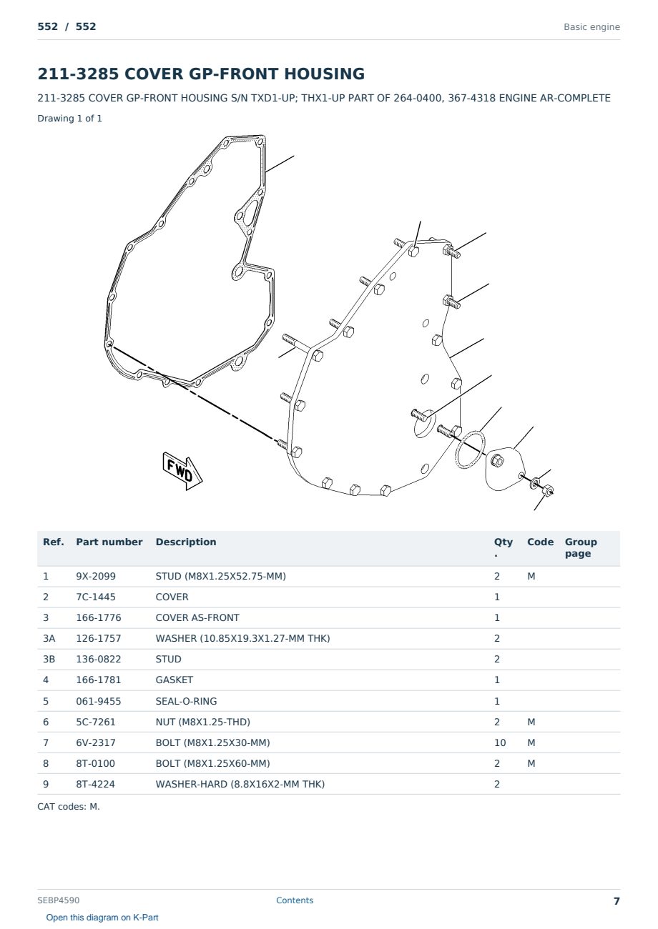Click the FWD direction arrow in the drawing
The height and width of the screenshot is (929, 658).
[x=182, y=471]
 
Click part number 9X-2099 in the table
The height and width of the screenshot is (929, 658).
[x=96, y=576]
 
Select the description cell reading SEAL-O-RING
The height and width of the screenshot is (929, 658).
[x=186, y=701]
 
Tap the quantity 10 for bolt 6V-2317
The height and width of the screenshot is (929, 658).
[x=500, y=742]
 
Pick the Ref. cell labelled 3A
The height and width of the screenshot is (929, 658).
[x=49, y=638]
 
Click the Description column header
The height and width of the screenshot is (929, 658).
[x=186, y=542]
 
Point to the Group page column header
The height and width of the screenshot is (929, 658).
[x=581, y=547]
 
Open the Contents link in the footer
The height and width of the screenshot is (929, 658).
[x=295, y=900]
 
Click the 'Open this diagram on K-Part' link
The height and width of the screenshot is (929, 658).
[x=102, y=917]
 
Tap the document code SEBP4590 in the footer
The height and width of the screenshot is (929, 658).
[x=59, y=900]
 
